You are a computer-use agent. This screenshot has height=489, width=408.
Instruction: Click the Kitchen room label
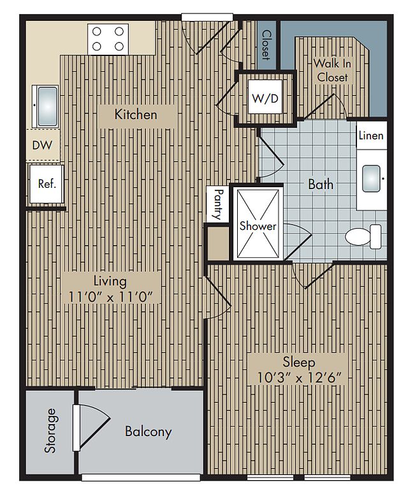tap(136, 115)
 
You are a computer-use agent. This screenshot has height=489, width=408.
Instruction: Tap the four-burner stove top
tap(108, 39)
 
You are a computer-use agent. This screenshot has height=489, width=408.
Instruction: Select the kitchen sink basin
tap(47, 106)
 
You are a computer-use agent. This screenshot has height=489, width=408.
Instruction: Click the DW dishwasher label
tap(42, 145)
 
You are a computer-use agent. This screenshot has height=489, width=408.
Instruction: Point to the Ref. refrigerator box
tap(47, 184)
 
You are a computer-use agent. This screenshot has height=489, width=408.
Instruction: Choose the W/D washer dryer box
tap(265, 97)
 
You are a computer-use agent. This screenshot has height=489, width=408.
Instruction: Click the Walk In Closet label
tap(332, 70)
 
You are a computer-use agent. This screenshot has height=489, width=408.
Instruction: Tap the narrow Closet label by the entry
tap(266, 45)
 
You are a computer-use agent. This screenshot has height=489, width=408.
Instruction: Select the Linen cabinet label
tap(371, 136)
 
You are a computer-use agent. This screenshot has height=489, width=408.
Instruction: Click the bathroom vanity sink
tap(371, 179)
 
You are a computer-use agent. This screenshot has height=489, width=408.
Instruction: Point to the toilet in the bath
tap(363, 236)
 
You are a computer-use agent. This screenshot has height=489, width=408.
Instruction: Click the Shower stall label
tap(258, 226)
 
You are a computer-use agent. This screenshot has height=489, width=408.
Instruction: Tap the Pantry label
tap(218, 204)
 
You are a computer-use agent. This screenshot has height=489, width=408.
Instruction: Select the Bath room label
tap(321, 184)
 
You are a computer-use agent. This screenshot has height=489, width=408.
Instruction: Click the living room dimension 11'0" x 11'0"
tap(110, 297)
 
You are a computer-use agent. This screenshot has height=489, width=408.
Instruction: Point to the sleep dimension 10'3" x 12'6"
tap(298, 378)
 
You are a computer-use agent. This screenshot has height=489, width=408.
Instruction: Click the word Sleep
tap(299, 362)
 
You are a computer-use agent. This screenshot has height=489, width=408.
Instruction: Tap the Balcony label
tap(149, 432)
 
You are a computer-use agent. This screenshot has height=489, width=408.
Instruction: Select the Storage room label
tap(50, 430)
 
